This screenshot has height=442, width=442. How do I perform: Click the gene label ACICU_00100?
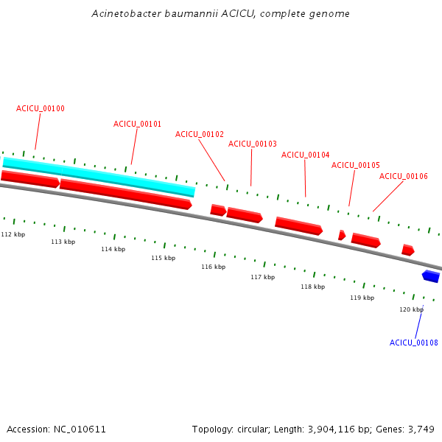pyautogui.click(x=41, y=109)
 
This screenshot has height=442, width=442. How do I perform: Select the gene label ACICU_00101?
pyautogui.click(x=137, y=124)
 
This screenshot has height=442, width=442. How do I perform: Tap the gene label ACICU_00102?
pyautogui.click(x=199, y=134)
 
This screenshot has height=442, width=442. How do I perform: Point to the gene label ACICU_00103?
pyautogui.click(x=252, y=144)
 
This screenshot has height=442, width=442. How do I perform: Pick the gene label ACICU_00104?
pyautogui.click(x=305, y=155)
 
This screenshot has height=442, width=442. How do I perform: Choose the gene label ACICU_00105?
pyautogui.click(x=355, y=165)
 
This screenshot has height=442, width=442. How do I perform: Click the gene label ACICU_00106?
pyautogui.click(x=403, y=176)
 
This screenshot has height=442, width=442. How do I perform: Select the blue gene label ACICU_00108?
pyautogui.click(x=413, y=343)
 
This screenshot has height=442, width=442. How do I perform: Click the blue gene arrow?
pyautogui.click(x=431, y=276)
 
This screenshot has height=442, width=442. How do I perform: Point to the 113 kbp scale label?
pyautogui.click(x=63, y=242)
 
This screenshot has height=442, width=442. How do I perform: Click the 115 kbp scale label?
pyautogui.click(x=163, y=258)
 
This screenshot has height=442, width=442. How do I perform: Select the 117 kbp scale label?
pyautogui.click(x=262, y=277)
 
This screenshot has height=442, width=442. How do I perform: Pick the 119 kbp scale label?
pyautogui.click(x=362, y=298)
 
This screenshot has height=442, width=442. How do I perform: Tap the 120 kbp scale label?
pyautogui.click(x=411, y=309)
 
